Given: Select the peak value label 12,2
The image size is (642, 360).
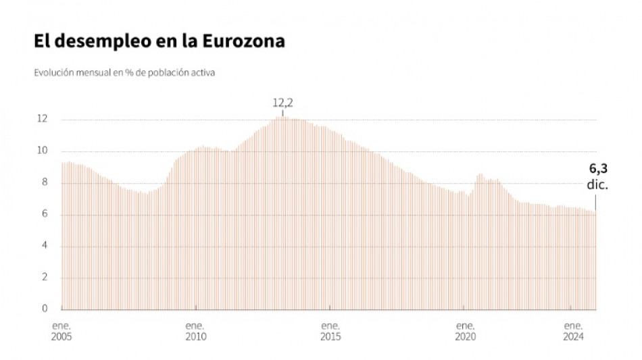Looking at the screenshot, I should [282, 103].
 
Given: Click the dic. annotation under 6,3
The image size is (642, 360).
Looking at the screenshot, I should [598, 184].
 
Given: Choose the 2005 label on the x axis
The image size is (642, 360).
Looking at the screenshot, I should [61, 336].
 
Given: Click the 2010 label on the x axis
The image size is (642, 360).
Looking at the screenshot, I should [196, 336].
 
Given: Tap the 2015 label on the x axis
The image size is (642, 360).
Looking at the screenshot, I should [330, 336].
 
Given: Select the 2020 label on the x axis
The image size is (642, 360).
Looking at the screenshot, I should [465, 336].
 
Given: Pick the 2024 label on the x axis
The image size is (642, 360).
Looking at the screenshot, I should [573, 336].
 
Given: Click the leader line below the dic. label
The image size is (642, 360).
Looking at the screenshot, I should [595, 202].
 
